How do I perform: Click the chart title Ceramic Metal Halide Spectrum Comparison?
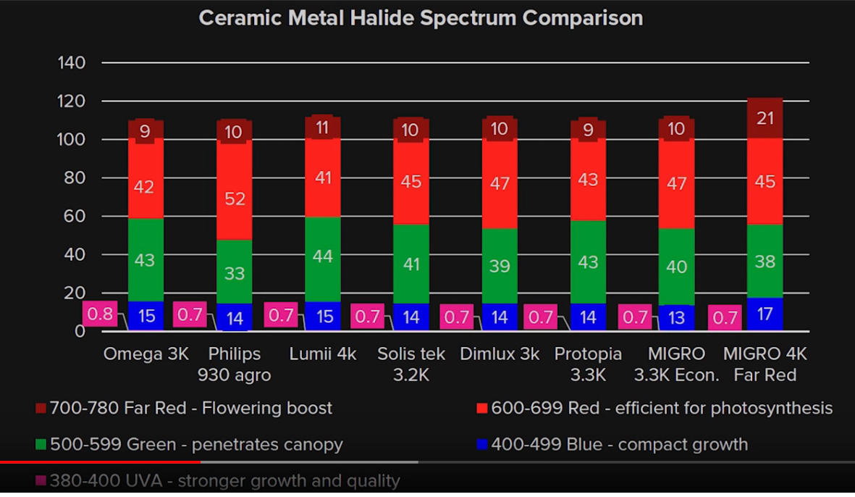point(421,18)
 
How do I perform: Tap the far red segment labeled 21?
point(765,117)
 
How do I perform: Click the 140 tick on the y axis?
point(72,63)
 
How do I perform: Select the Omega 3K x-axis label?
point(146,354)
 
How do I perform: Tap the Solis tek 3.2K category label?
point(411,364)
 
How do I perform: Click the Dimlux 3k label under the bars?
point(500,354)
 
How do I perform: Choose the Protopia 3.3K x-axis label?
point(588,364)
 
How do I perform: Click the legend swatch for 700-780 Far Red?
point(41,409)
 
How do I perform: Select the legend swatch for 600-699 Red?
point(482,409)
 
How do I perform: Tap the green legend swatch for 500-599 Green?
point(41,444)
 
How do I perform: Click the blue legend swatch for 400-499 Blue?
point(482,444)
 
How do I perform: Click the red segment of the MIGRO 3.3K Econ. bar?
point(676,184)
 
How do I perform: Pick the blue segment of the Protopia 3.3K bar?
point(588,317)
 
